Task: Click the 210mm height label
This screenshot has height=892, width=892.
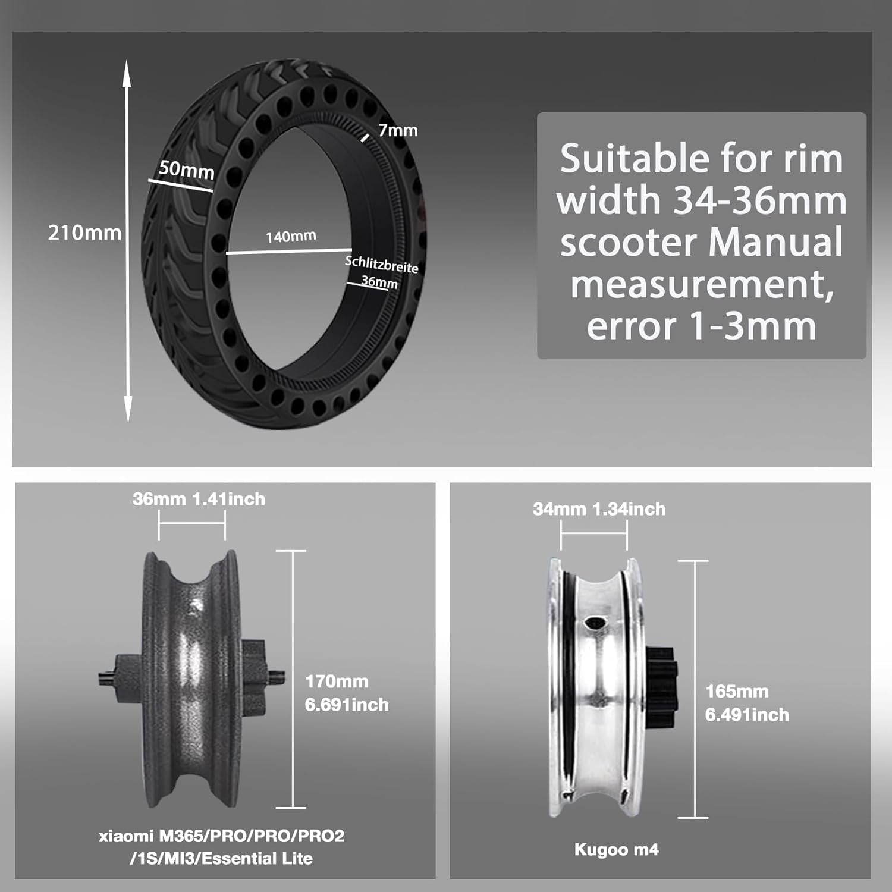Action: tap(84, 233)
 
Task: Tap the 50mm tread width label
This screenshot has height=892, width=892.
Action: tap(187, 170)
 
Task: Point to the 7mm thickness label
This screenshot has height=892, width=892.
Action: tap(398, 130)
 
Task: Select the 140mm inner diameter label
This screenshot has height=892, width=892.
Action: tap(291, 237)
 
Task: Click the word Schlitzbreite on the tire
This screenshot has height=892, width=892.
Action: tap(382, 265)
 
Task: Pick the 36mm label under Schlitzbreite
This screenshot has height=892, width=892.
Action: tap(379, 282)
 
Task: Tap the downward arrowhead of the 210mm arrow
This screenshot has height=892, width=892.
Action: tap(127, 412)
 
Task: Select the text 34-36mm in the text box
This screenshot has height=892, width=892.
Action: tap(760, 200)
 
